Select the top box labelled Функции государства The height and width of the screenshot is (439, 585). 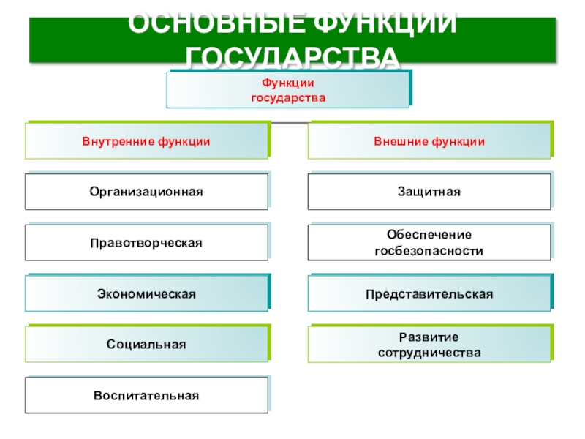[x=288, y=90]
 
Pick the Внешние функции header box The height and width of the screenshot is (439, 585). [x=429, y=141]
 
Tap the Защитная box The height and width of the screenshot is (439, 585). [x=429, y=192]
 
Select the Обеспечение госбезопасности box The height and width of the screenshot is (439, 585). [x=429, y=243]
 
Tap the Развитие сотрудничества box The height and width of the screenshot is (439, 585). [x=429, y=344]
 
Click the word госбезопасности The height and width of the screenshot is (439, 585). [x=429, y=250]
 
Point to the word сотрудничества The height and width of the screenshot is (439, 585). [x=429, y=352]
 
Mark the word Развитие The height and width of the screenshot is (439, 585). [x=429, y=337]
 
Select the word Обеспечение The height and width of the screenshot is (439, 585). [x=429, y=235]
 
